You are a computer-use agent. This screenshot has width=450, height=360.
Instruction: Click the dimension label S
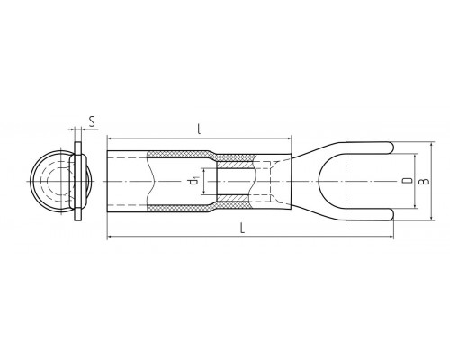click(x=93, y=121)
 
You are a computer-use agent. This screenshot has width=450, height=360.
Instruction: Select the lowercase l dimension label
click(x=199, y=129)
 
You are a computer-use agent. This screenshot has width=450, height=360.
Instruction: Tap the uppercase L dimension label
click(x=243, y=228)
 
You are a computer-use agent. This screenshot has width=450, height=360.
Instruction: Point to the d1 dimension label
click(x=193, y=182)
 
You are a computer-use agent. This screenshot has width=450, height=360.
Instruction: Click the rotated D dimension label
click(x=407, y=181)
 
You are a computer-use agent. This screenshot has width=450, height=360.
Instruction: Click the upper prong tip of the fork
click(x=392, y=148)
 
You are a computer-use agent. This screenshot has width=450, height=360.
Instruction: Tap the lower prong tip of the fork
click(x=392, y=214)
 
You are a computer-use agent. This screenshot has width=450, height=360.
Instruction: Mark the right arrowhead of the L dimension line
click(x=391, y=237)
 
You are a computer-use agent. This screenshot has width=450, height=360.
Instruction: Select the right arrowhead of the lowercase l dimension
click(x=289, y=139)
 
